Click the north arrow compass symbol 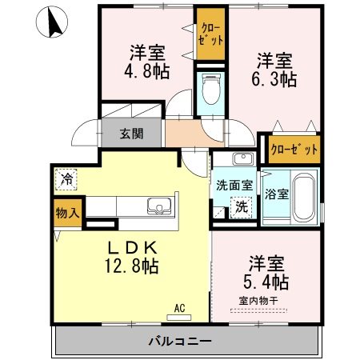54,22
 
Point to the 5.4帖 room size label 267,281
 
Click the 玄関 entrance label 133,134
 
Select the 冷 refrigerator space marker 67,179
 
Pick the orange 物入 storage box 67,214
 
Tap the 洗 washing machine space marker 241,206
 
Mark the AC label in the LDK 181,306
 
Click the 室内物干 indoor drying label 254,302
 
